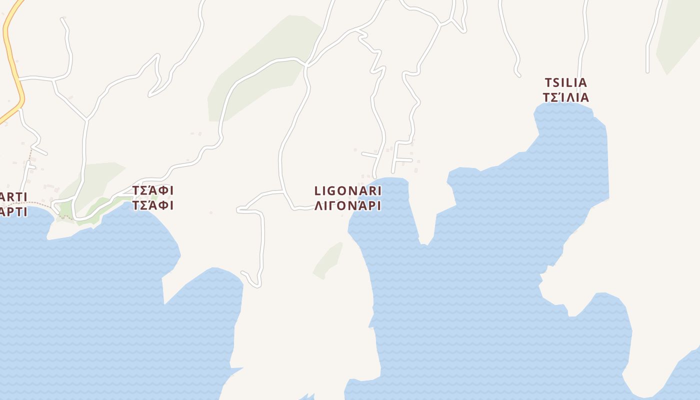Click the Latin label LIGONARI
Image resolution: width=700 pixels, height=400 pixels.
(x=348, y=190)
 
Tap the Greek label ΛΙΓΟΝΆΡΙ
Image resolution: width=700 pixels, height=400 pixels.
(x=348, y=205)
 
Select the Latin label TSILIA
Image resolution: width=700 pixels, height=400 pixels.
(x=565, y=82)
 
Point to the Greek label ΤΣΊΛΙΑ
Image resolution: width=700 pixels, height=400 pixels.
(x=565, y=97)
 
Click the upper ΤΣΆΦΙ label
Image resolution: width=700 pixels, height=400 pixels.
(x=153, y=190)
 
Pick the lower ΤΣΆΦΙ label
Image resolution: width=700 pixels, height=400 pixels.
(x=153, y=205)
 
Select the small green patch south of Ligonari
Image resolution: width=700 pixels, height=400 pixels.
(x=328, y=260)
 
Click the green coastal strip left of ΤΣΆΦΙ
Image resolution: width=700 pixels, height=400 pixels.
(x=100, y=207)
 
